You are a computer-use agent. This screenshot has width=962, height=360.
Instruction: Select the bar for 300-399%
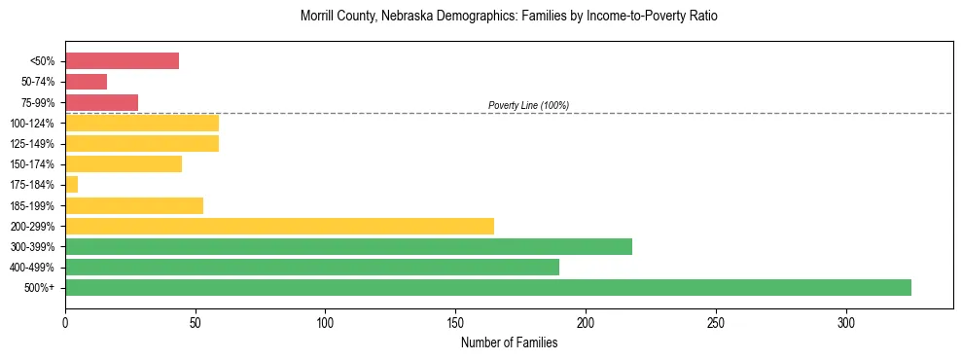click(x=348, y=246)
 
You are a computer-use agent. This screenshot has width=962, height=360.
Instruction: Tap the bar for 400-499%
click(x=312, y=267)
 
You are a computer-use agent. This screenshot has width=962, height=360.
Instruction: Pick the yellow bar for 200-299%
click(x=279, y=226)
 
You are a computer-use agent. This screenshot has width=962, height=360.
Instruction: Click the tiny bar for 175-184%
click(x=71, y=184)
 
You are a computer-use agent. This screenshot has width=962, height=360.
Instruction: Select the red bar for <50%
click(x=122, y=61)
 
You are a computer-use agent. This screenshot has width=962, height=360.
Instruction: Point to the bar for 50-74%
click(x=86, y=82)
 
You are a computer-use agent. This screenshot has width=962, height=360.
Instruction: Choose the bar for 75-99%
click(x=101, y=102)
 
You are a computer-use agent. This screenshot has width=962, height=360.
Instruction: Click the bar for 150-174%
click(x=124, y=163)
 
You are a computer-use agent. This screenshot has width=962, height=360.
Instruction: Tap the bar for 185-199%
click(x=134, y=205)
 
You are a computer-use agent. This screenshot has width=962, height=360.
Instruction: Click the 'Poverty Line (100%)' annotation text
click(x=528, y=105)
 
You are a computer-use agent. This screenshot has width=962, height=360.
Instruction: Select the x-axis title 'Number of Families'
click(x=509, y=342)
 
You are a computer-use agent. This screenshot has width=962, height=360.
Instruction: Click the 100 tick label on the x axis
click(x=325, y=322)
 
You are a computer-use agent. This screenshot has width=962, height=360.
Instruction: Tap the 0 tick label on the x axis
click(x=65, y=322)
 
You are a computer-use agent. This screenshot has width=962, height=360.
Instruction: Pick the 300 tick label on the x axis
click(x=846, y=322)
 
